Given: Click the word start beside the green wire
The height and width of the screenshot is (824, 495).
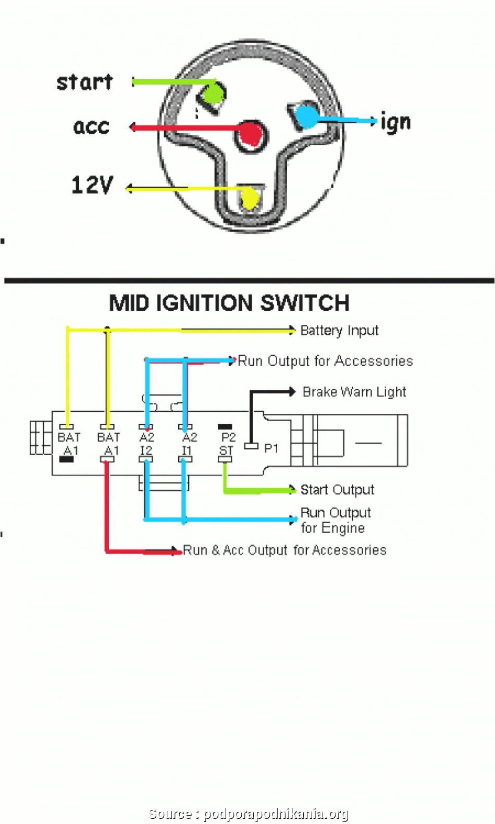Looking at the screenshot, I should pyautogui.click(x=84, y=82).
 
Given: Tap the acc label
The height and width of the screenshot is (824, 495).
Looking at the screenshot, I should pyautogui.click(x=91, y=126).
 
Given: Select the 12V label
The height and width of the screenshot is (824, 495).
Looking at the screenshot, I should pyautogui.click(x=92, y=185).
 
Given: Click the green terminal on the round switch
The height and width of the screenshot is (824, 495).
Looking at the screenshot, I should pyautogui.click(x=212, y=95).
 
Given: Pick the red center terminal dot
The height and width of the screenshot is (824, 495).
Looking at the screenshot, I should pyautogui.click(x=251, y=133).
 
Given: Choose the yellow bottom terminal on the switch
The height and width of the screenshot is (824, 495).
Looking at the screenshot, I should pyautogui.click(x=250, y=198).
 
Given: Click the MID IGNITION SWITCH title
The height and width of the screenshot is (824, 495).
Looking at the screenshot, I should pyautogui.click(x=229, y=303).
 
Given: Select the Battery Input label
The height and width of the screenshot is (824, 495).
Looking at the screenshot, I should pyautogui.click(x=339, y=331).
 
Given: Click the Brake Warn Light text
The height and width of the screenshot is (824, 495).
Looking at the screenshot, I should pyautogui.click(x=354, y=392).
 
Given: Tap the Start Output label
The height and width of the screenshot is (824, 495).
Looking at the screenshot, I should pyautogui.click(x=337, y=490).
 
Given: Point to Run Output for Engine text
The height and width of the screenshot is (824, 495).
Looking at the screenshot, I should pyautogui.click(x=335, y=521).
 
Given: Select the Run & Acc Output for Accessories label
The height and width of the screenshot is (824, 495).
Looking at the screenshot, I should pyautogui.click(x=284, y=550).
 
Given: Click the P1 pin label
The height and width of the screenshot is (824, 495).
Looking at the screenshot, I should pyautogui.click(x=271, y=448).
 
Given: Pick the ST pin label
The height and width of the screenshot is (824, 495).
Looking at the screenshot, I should pyautogui.click(x=226, y=450).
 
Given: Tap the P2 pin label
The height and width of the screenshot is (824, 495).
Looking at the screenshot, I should pyautogui.click(x=228, y=437).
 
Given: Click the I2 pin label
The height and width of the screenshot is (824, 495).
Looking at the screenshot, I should pyautogui.click(x=146, y=450).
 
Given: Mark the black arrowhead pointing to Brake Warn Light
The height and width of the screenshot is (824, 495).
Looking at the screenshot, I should pyautogui.click(x=292, y=391).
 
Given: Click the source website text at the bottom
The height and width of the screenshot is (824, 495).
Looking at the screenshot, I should pyautogui.click(x=249, y=814).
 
